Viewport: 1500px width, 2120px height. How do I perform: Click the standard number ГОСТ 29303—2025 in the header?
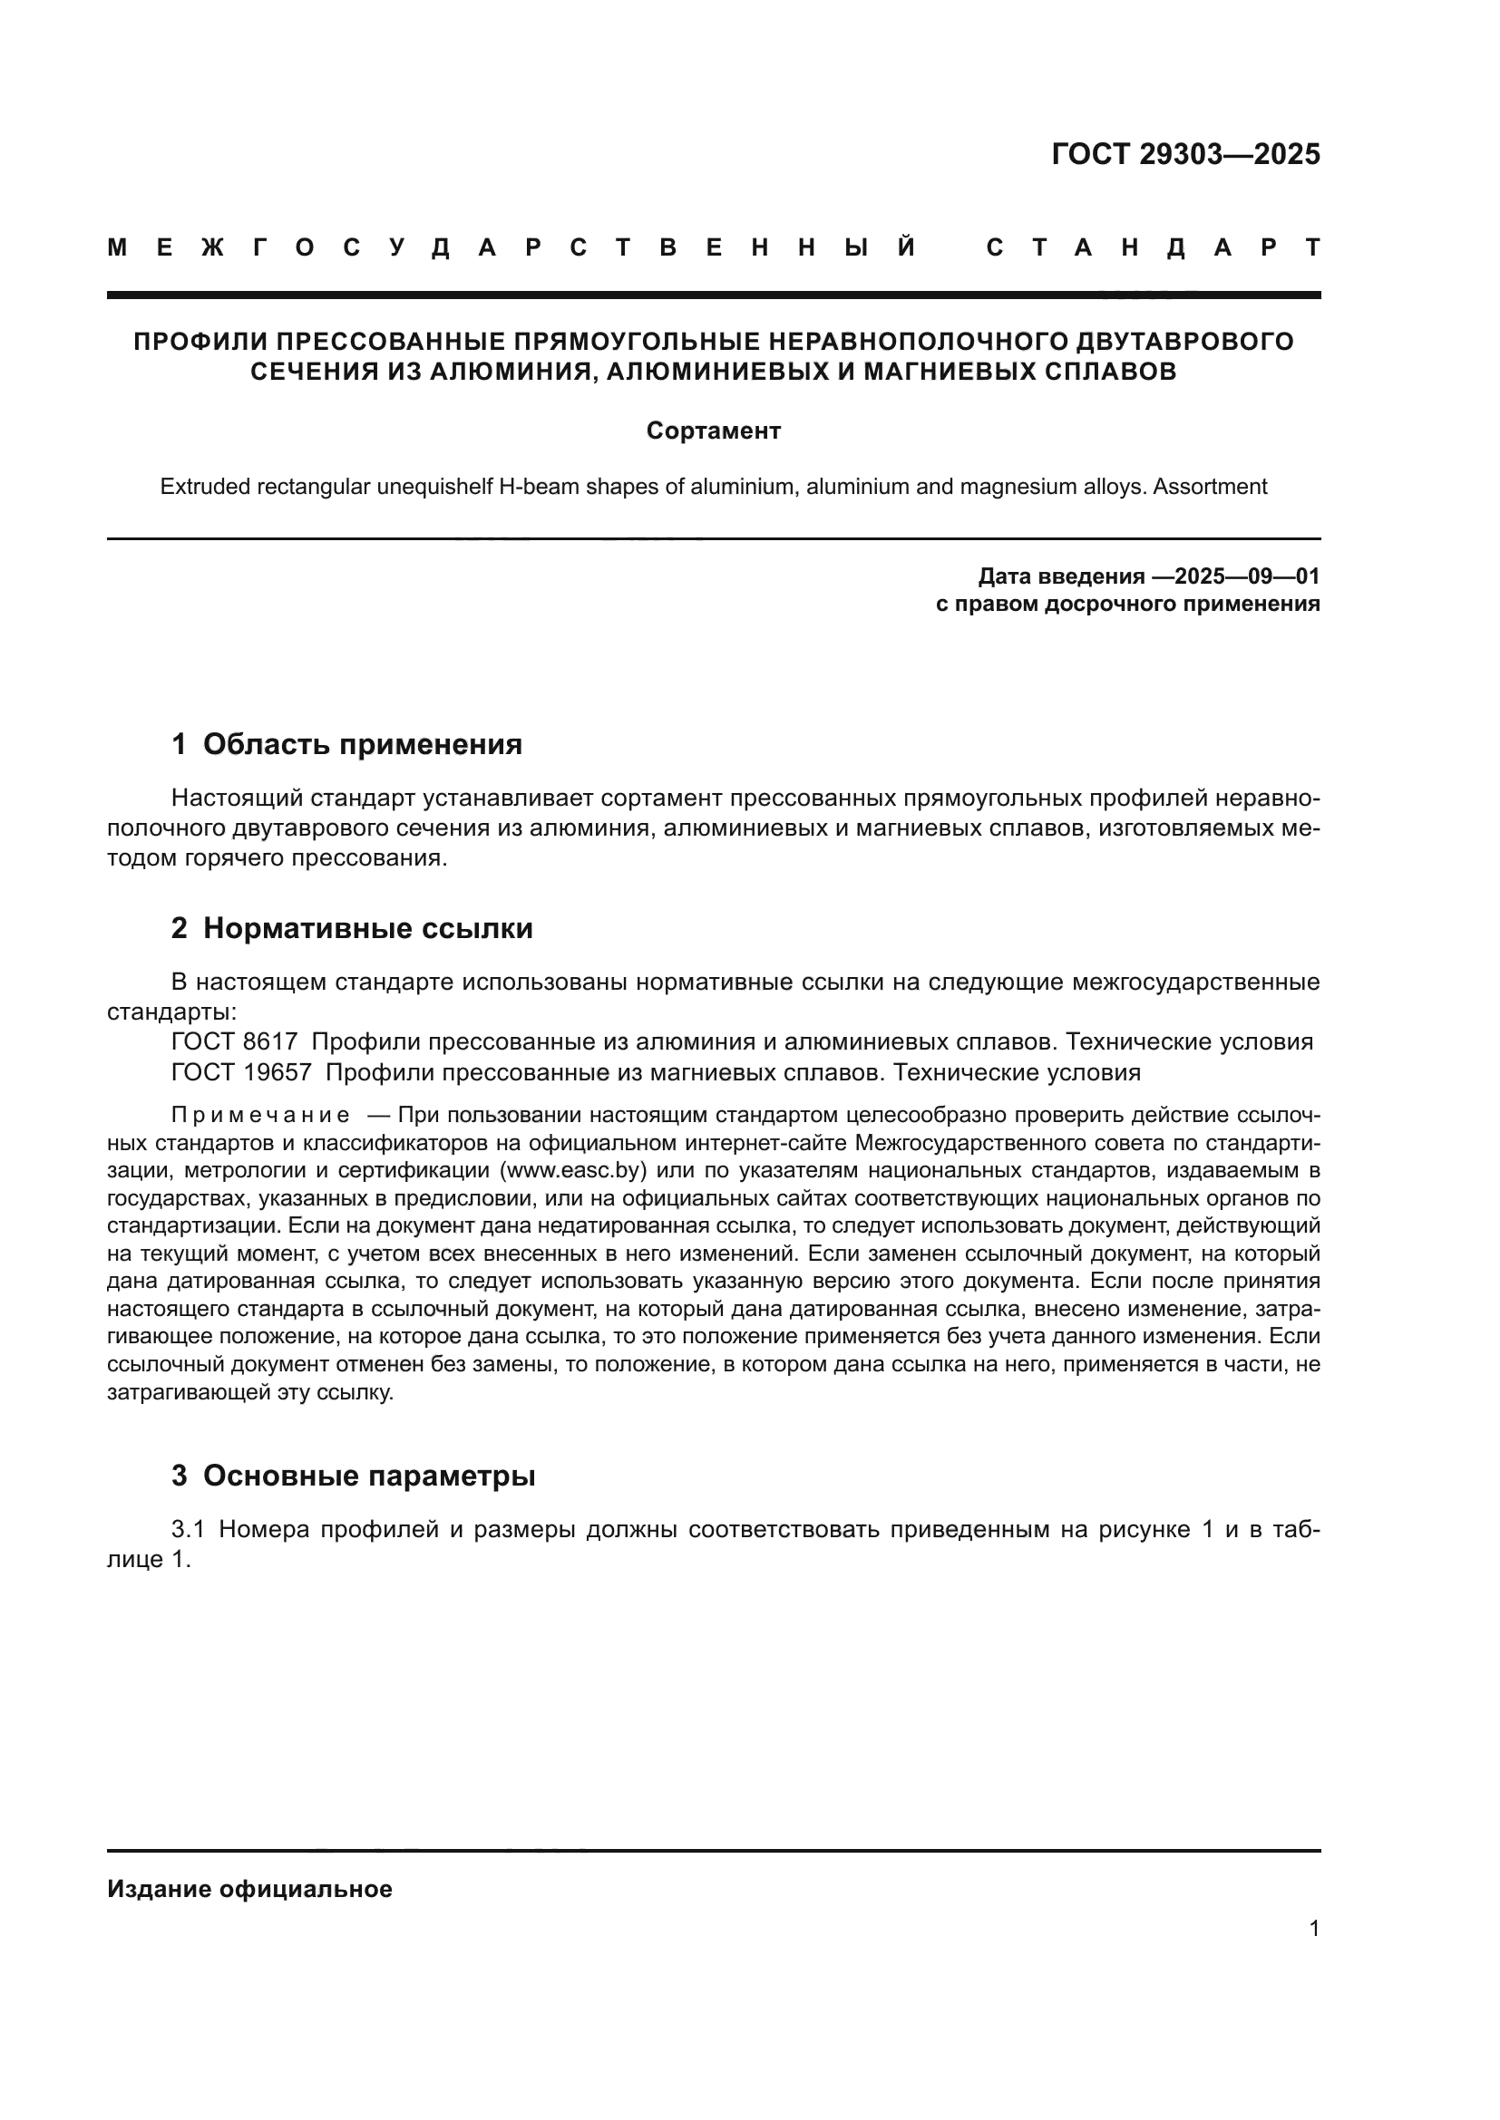[1185, 154]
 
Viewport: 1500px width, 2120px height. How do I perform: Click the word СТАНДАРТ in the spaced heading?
[1154, 247]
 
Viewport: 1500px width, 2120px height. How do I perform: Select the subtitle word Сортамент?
[713, 431]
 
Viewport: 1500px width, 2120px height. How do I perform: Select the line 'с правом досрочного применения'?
[1127, 605]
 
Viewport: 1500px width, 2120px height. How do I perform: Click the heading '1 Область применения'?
[346, 744]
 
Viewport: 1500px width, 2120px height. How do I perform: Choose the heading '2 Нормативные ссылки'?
[352, 928]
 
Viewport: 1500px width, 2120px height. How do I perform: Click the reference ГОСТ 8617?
[235, 1042]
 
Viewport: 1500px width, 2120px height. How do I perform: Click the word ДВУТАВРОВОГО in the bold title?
[1185, 342]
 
